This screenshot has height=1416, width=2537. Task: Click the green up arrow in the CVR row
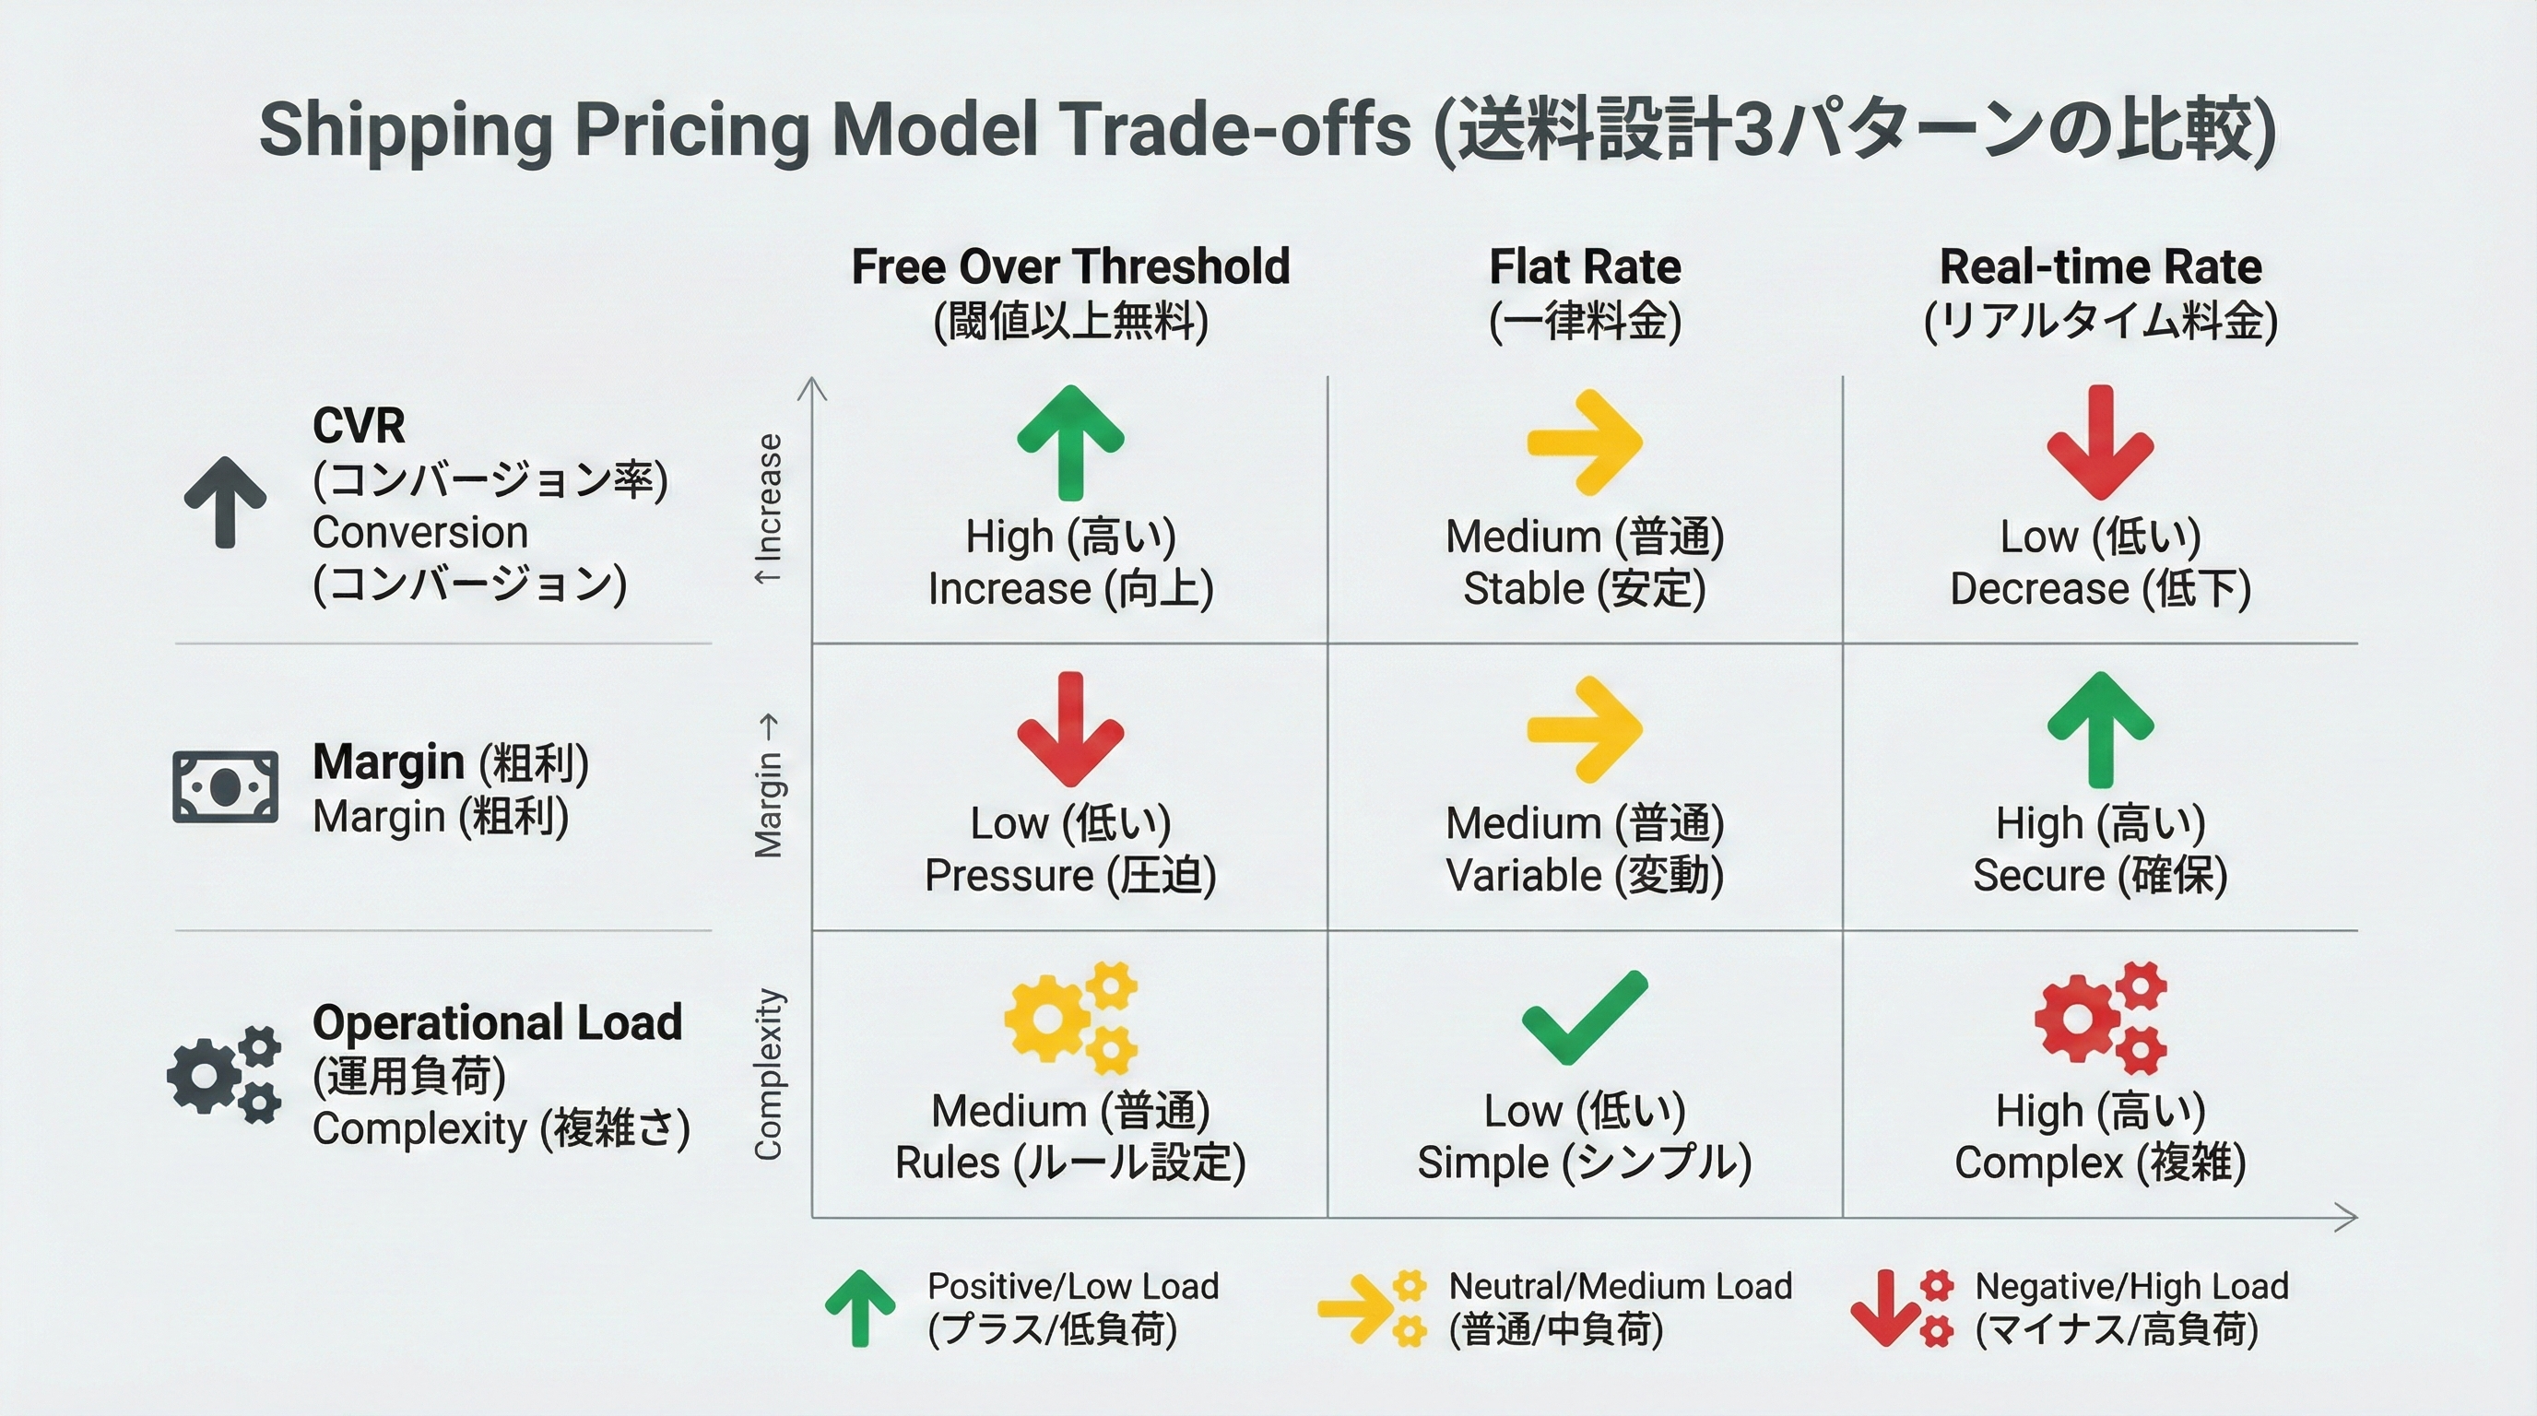click(1069, 442)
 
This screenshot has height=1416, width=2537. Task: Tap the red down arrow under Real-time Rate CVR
click(2100, 442)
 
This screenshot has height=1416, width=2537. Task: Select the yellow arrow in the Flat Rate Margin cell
click(1584, 728)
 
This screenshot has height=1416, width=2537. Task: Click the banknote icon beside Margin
click(225, 786)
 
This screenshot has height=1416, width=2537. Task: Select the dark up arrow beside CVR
click(225, 502)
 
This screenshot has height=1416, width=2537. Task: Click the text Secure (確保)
click(2100, 876)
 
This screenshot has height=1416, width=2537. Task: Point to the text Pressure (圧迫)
click(1069, 876)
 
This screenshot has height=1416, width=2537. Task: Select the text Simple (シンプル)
click(1584, 1162)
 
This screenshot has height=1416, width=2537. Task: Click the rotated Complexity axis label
click(768, 1074)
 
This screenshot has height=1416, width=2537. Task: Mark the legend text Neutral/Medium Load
click(1619, 1286)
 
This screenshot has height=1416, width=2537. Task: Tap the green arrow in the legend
click(860, 1308)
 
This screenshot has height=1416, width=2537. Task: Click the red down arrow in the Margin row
click(1069, 728)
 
